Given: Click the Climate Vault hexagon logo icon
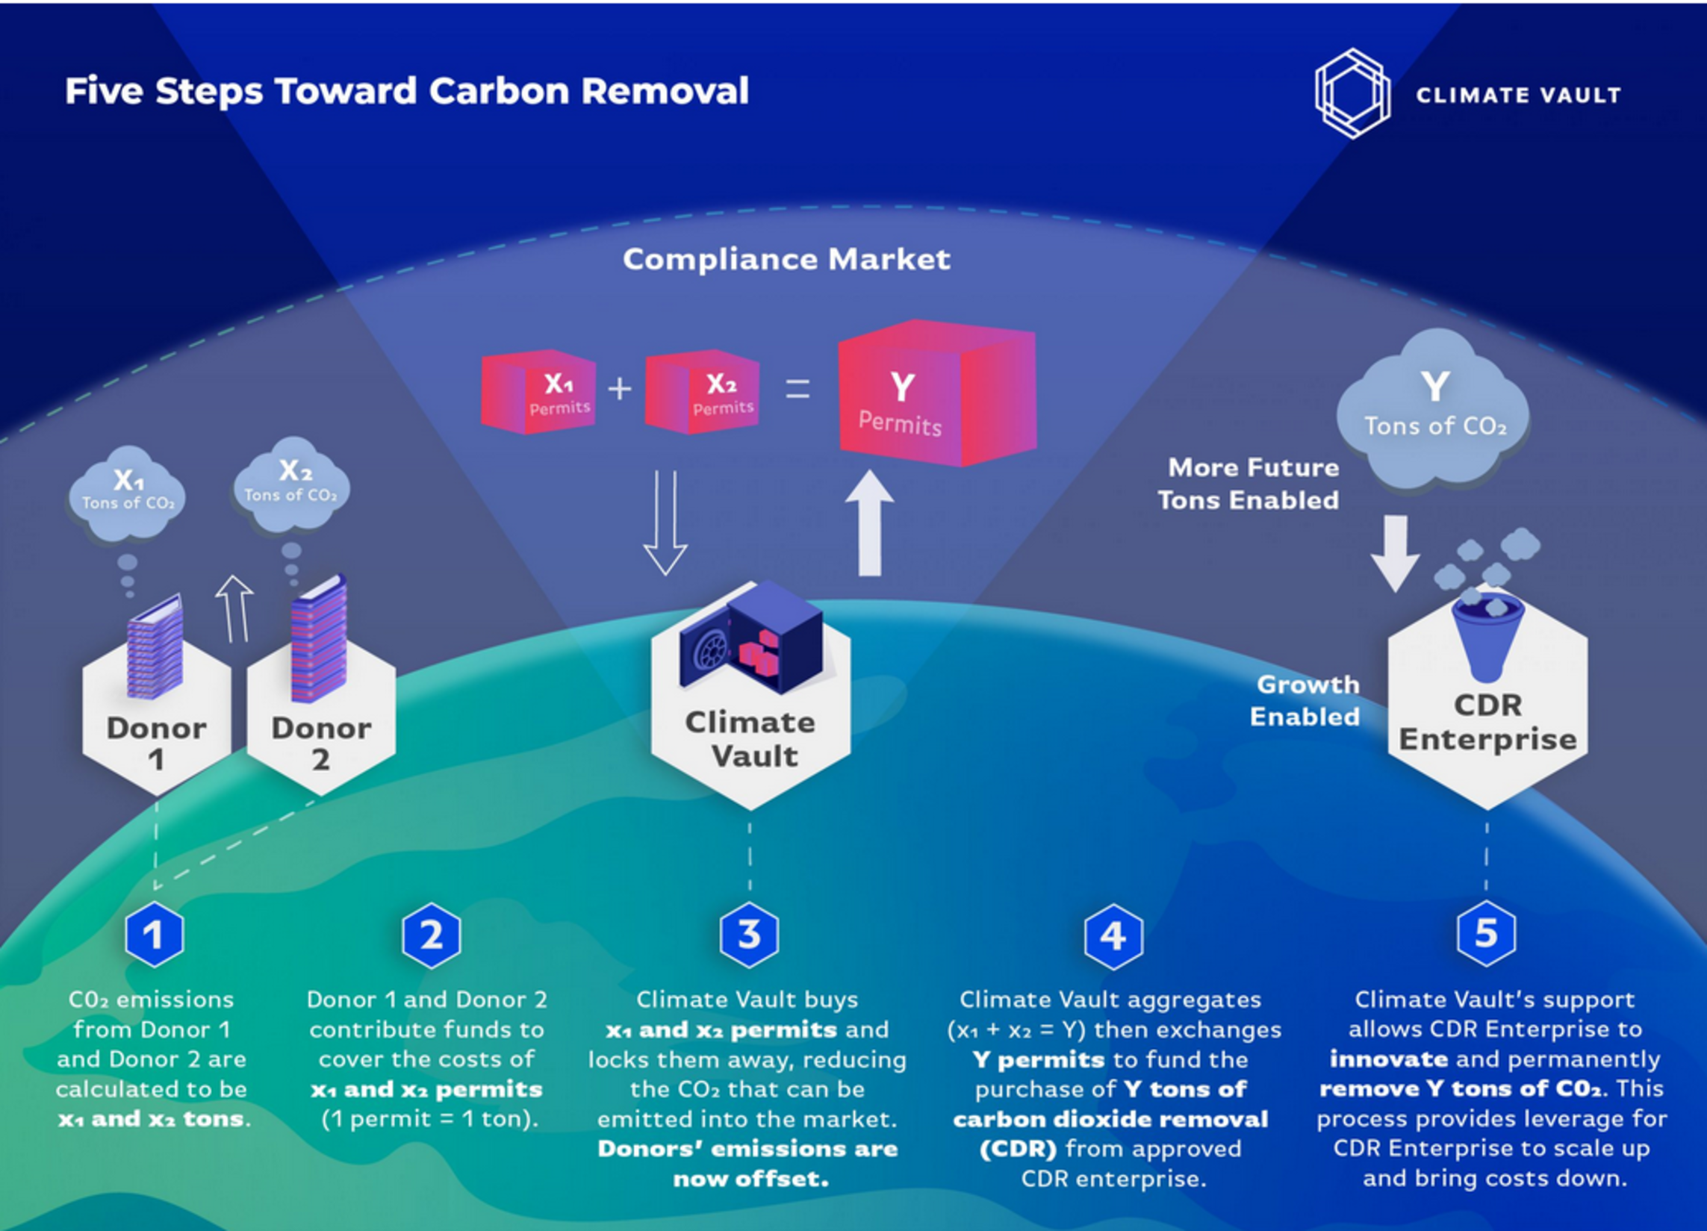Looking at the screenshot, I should [x=1352, y=94].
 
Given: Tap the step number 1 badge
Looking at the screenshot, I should [x=155, y=935].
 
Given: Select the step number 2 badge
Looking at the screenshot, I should [x=432, y=935].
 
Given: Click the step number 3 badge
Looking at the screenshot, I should [x=749, y=935].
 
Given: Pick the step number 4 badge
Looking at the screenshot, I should [x=1113, y=936].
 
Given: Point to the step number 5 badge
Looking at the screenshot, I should [x=1486, y=933].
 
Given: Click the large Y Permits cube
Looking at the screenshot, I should [x=936, y=393].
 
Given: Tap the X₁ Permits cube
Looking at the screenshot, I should [x=539, y=391].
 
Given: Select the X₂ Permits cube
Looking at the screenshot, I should [x=702, y=391].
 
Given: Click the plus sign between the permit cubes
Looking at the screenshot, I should [x=620, y=389].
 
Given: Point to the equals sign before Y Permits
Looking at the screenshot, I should [x=797, y=389].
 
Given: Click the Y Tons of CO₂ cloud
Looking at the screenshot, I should [x=1434, y=410].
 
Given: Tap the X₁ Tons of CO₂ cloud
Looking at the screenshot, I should [x=127, y=493].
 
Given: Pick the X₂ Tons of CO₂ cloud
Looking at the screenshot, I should [x=291, y=485].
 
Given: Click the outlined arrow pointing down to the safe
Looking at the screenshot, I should [x=665, y=523].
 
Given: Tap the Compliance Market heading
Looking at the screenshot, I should [x=786, y=260].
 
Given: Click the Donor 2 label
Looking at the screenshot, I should [x=321, y=744].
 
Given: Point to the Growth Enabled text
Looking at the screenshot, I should [x=1305, y=700].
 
